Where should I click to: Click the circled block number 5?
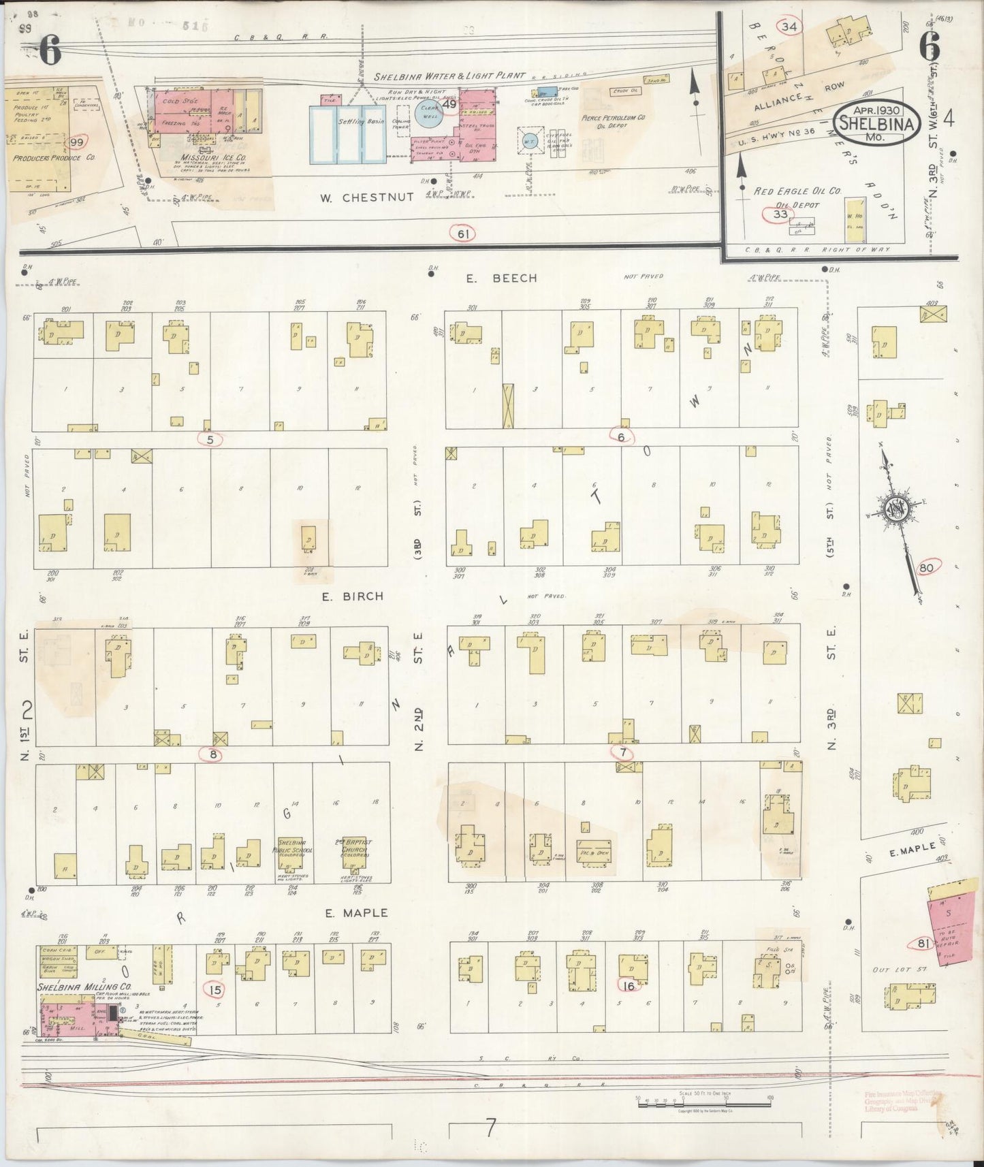210,439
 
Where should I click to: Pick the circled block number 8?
212,754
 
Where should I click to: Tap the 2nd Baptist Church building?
353,851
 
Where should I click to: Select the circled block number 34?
790,27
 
